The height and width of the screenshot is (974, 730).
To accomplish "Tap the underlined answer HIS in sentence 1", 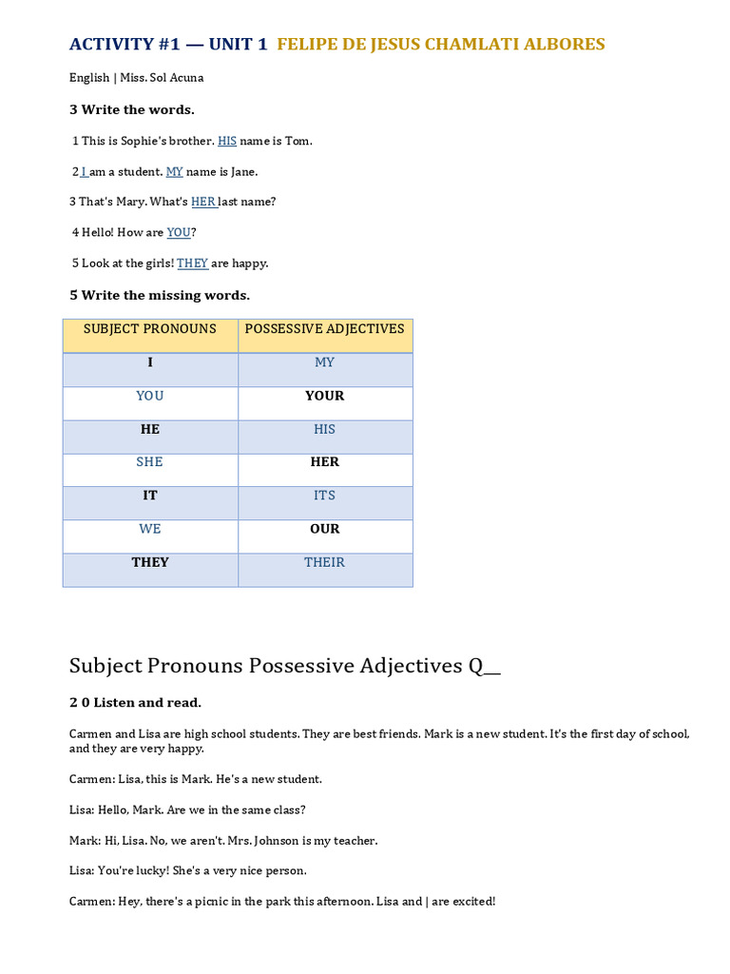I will coord(227,141).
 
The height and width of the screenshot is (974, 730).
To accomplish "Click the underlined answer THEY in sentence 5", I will coord(192,263).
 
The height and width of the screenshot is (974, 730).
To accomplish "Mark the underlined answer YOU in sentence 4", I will coord(179,233).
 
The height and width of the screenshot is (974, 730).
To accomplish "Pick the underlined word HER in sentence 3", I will coord(203,202).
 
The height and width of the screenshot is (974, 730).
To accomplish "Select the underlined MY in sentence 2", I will coord(175,172).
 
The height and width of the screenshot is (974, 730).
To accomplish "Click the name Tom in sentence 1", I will coord(297,141).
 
